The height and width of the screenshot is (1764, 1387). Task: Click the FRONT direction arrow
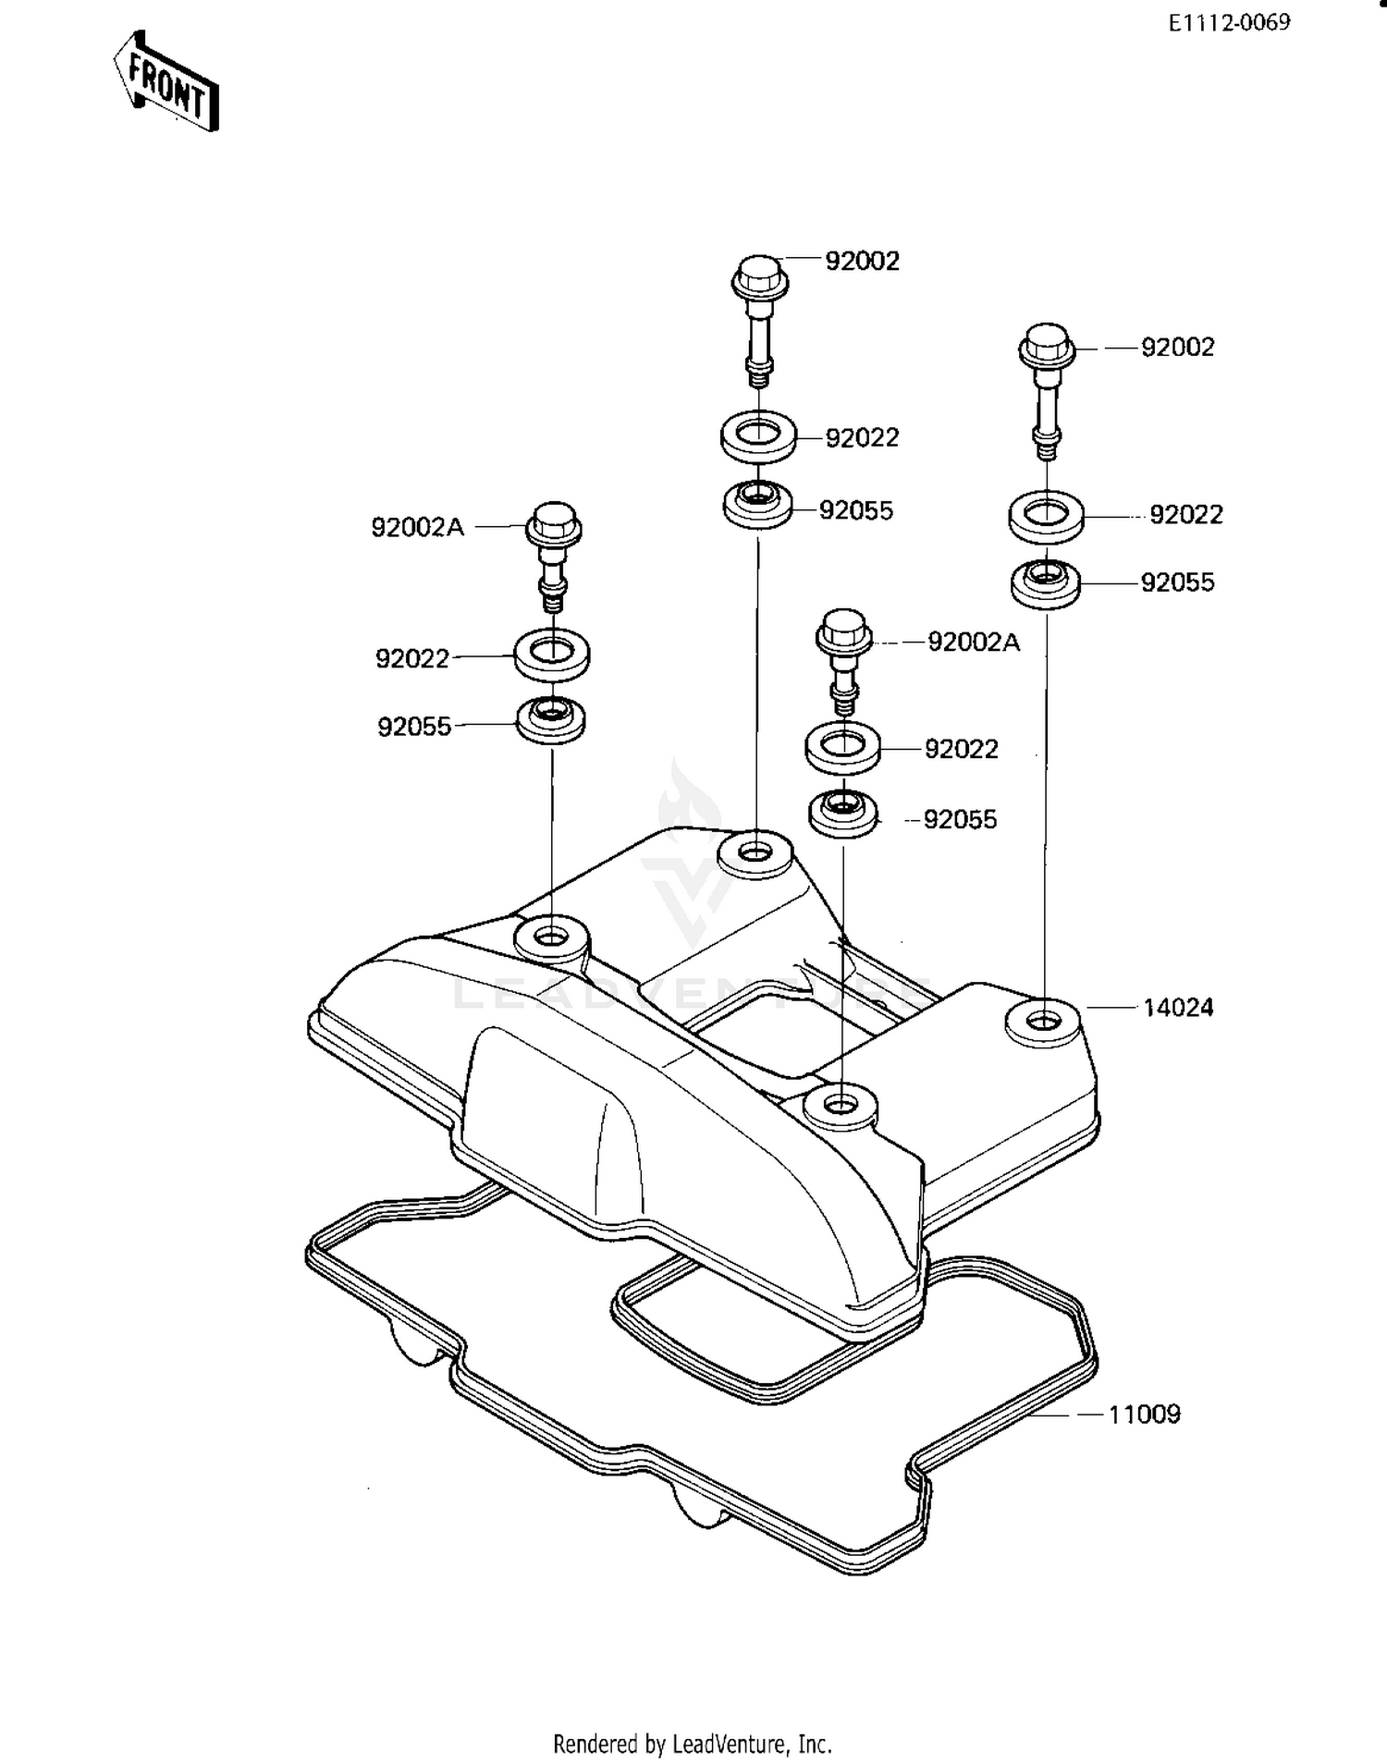point(166,81)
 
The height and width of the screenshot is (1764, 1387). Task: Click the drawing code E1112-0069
point(1228,23)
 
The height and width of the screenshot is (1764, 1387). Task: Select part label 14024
point(1177,1008)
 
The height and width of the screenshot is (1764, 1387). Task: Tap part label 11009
point(1144,1415)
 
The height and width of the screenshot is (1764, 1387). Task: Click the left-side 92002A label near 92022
point(417,527)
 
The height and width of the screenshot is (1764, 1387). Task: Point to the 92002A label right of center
point(973,642)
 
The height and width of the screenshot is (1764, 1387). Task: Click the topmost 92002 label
point(862,261)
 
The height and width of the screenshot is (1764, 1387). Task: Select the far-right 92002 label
point(1177,347)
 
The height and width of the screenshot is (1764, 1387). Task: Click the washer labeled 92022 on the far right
point(1047,517)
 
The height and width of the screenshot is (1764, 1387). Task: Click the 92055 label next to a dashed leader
point(960,820)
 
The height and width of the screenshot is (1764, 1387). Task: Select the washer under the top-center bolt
point(758,435)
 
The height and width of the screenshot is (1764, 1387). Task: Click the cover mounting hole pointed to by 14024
point(1042,1022)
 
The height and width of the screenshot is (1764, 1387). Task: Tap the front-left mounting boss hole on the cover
point(552,938)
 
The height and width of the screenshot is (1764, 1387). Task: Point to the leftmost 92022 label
point(411,658)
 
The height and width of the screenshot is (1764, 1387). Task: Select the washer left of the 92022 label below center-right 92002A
point(842,747)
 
